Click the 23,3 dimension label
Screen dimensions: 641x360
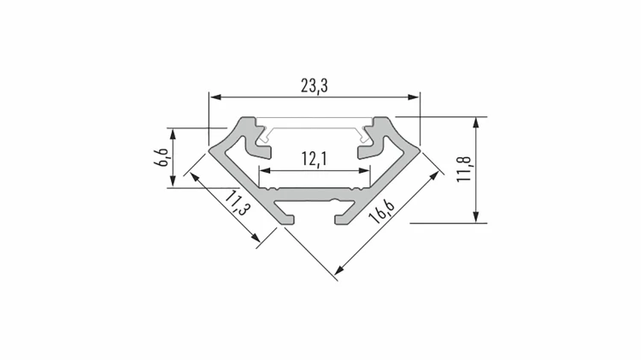315,86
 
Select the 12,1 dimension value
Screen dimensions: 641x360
315,159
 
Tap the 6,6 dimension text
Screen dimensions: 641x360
162,157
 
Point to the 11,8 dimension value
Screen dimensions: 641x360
465,169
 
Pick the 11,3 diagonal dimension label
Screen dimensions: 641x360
237,203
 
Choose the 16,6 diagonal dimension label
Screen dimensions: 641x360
381,210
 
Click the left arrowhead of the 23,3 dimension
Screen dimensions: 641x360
215,97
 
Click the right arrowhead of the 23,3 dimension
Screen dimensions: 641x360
414,97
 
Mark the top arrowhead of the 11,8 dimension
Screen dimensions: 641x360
475,123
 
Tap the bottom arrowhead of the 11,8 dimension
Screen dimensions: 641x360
475,217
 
